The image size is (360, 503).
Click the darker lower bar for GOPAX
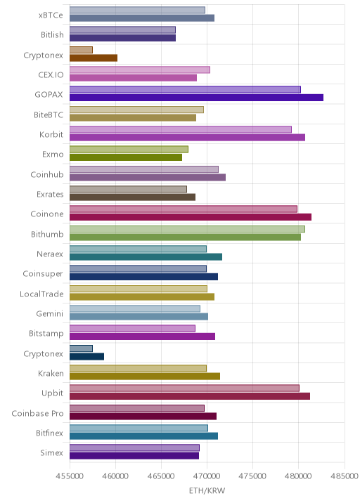point(196,98)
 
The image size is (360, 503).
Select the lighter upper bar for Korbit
point(181,129)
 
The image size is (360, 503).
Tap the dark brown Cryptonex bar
point(94,58)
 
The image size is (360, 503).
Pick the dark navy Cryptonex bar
point(86,356)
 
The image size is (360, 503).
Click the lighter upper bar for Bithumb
point(187,229)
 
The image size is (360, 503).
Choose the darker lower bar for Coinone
point(191,217)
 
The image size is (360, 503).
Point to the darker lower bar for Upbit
point(190,396)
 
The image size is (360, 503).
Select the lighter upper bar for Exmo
point(129,150)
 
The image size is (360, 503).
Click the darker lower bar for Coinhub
point(148,178)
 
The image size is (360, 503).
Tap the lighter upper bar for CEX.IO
point(140,70)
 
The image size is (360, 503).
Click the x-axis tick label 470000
point(207,476)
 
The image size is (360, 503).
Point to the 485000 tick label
point(345,476)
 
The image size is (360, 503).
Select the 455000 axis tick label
point(70,476)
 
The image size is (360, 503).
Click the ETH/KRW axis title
point(207,491)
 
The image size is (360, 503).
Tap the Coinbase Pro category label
point(37,414)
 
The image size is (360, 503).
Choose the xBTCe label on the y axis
point(51,15)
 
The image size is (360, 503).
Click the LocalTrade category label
point(41,294)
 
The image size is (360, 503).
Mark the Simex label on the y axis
point(52,453)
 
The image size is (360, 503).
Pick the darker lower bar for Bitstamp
point(142,337)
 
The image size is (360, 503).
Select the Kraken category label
point(51,374)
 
